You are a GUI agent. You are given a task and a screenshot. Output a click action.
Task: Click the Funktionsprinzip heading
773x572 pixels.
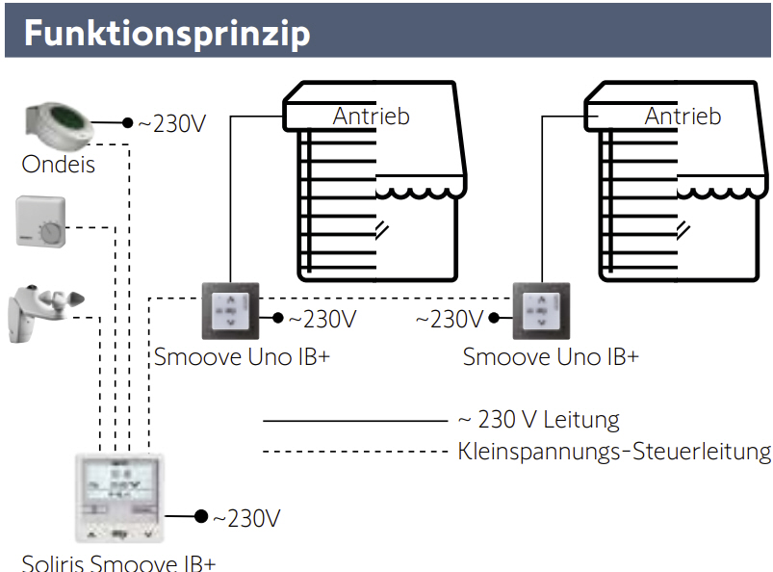167,33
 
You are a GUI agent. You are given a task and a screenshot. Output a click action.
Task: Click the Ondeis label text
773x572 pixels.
59,165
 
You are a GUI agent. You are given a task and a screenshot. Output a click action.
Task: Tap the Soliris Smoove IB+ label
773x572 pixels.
118,562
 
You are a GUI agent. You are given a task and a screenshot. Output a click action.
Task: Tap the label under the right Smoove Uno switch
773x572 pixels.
551,356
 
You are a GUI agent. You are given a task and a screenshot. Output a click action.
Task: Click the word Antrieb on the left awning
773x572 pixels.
372,117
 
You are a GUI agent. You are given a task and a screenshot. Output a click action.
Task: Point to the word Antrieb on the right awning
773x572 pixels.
683,117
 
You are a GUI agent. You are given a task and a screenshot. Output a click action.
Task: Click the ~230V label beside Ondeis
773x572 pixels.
171,124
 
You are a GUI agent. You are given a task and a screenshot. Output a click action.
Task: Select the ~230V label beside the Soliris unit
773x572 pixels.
245,518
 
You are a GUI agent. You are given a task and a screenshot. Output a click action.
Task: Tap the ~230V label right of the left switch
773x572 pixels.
322,318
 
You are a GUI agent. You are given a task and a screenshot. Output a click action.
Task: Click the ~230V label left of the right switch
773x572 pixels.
450,318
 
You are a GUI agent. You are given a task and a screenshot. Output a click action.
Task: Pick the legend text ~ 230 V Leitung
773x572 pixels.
538,420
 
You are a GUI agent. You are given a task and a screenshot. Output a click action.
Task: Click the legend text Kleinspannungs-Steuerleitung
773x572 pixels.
614,451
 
